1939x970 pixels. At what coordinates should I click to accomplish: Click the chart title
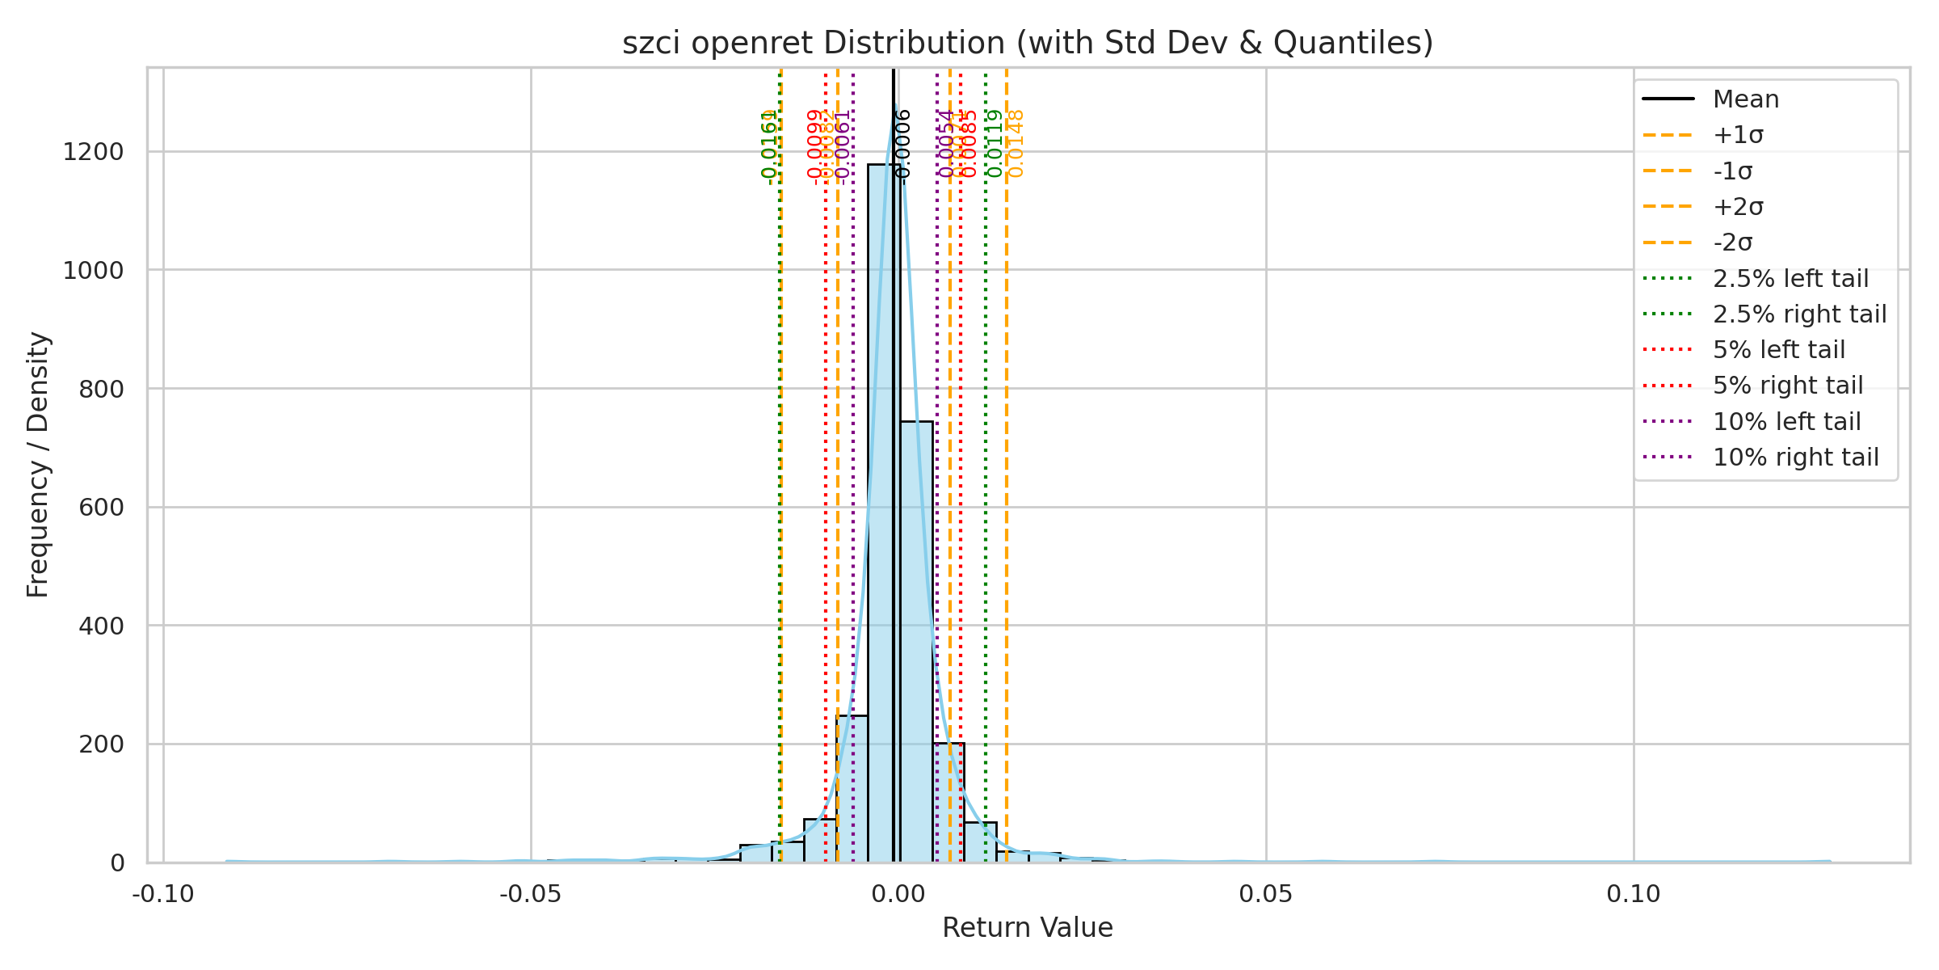pos(1027,43)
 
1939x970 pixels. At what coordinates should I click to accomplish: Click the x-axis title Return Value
pos(1027,928)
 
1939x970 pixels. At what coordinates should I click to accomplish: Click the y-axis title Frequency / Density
pos(38,465)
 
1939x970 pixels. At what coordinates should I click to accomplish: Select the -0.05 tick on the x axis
pos(531,895)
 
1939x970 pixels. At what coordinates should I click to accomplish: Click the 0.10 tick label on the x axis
pos(1633,895)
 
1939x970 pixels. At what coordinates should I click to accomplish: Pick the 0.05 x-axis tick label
pos(1265,895)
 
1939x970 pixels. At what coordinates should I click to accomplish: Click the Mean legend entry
pos(1745,99)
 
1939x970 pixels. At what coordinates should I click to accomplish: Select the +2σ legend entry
pos(1738,207)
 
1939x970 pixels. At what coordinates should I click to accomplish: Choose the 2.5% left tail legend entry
pos(1790,279)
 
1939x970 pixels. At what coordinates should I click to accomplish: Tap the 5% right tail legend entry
pos(1788,386)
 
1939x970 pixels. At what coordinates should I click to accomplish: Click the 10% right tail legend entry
pos(1795,458)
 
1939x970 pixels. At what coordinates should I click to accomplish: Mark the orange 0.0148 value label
pos(1016,144)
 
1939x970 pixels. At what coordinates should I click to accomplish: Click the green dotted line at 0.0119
pos(986,485)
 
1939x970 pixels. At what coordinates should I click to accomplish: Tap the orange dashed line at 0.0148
pos(1007,485)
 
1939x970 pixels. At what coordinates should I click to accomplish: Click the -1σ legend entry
pos(1732,171)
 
